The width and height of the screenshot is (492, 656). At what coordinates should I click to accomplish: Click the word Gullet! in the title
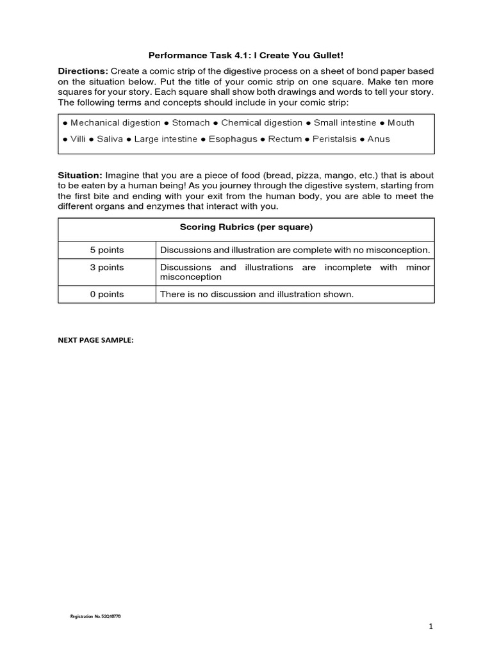point(327,56)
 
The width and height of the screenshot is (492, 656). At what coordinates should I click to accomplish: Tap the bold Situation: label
point(80,175)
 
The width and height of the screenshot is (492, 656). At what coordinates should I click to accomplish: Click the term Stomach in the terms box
point(191,122)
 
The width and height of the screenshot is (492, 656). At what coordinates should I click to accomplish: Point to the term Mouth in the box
point(401,122)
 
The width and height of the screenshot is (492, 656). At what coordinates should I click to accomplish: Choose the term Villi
point(78,139)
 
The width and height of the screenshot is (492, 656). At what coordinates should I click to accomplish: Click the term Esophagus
point(233,139)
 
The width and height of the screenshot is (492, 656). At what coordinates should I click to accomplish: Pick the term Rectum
point(285,139)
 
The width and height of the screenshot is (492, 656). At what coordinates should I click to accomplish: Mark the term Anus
point(379,139)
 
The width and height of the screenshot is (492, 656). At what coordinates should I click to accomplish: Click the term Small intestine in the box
point(345,122)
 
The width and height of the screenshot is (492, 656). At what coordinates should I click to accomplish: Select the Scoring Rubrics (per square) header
point(246,227)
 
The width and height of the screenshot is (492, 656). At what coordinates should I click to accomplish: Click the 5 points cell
point(107,249)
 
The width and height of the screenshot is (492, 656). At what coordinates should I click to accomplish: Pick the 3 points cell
point(107,267)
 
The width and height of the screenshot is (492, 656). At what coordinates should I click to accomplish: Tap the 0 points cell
point(107,294)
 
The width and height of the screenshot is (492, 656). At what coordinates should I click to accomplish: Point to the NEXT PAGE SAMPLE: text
point(95,341)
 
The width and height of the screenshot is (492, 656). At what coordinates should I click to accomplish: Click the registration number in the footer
point(95,616)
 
